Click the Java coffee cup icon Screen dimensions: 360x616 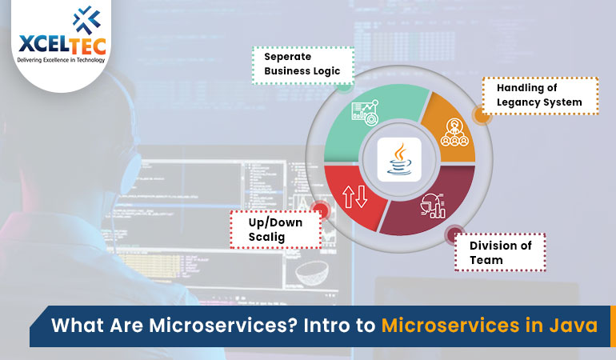398,158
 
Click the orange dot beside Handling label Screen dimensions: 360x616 481,115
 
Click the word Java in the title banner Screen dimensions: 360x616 573,326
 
